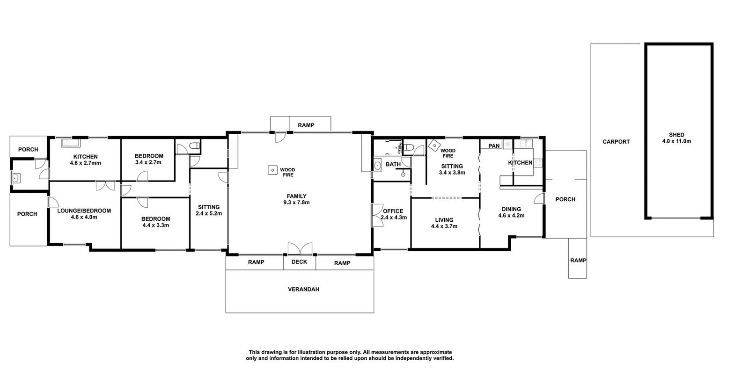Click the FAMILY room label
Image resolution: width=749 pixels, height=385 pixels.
click(296, 196)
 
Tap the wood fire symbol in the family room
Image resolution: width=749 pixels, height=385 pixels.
click(272, 170)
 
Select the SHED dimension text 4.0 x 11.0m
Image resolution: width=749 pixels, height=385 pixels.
click(676, 141)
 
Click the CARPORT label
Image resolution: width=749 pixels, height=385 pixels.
click(616, 142)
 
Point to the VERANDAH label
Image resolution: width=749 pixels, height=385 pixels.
click(303, 290)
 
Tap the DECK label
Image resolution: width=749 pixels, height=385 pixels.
click(299, 262)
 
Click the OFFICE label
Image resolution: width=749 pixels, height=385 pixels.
click(393, 211)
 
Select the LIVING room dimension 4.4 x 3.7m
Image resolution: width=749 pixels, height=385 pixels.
click(444, 226)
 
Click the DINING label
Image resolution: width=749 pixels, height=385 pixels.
click(511, 209)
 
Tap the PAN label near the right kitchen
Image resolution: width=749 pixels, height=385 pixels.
click(494, 145)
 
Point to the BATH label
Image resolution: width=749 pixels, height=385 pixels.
click(393, 164)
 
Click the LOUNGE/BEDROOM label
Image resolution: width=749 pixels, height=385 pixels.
click(84, 211)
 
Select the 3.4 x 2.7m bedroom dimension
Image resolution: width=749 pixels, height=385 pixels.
click(148, 162)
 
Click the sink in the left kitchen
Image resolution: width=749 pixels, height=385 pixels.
click(70, 143)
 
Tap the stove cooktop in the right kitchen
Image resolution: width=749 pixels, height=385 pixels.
click(538, 163)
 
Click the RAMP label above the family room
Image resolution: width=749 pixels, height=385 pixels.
click(306, 125)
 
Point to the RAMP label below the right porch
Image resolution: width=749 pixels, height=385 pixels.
click(578, 261)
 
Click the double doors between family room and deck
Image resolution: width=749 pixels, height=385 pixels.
click(300, 249)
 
